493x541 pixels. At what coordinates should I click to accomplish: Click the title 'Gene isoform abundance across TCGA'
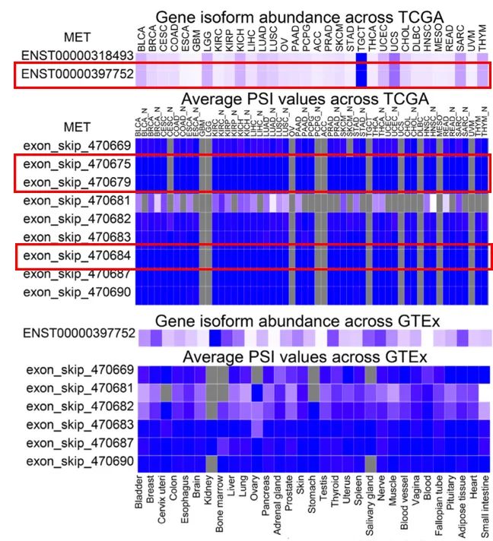[300, 17]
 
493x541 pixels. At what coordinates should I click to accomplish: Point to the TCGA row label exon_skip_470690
[76, 291]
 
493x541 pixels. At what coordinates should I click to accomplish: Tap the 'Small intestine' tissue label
[485, 505]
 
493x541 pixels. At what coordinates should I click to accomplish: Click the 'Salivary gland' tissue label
[370, 503]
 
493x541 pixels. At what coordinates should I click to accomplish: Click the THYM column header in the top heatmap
[483, 36]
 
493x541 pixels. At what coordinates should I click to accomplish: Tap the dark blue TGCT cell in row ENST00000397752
[361, 74]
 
